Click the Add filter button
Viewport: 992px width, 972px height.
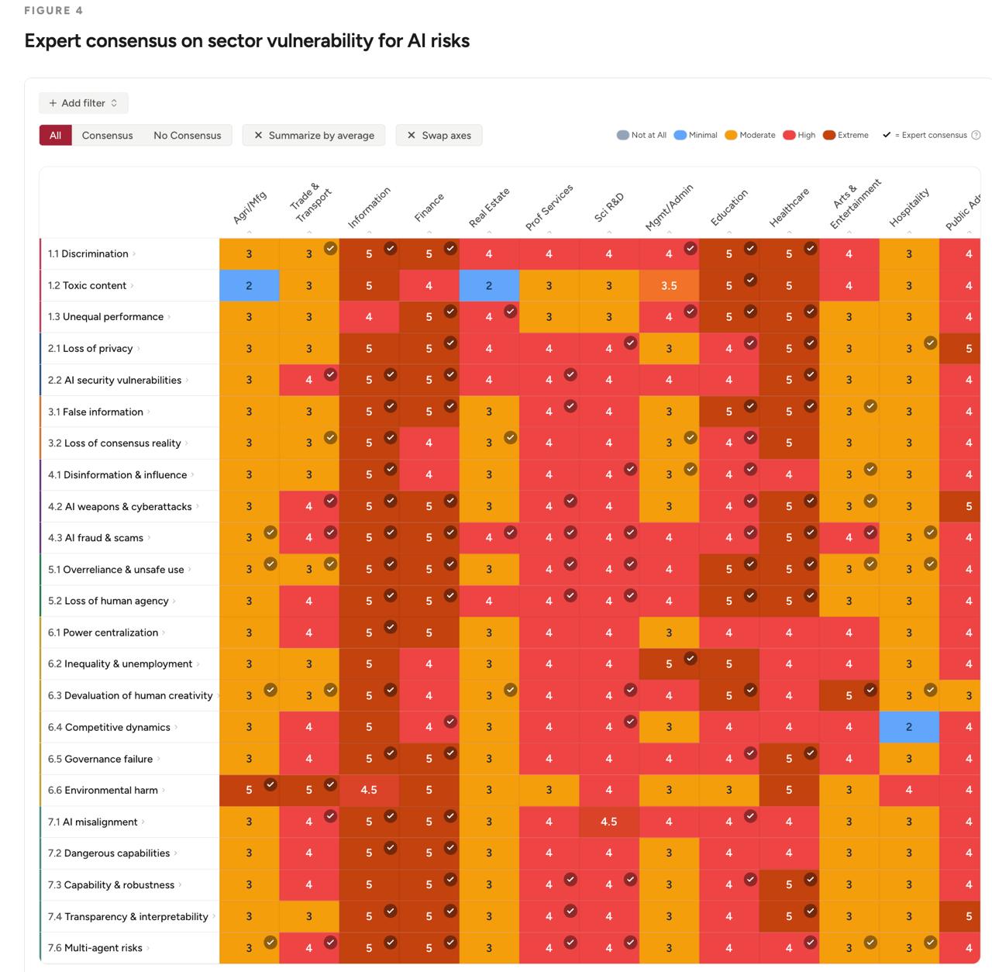tap(84, 103)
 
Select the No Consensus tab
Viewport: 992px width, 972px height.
tap(188, 135)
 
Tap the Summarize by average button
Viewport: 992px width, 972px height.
tap(314, 135)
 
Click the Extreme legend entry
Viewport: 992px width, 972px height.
tap(846, 135)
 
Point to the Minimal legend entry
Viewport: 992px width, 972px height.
tap(695, 135)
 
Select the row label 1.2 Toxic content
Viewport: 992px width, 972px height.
tap(87, 285)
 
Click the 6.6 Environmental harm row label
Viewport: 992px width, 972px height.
tap(103, 790)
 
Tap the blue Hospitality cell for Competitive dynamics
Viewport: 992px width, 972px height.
tap(908, 727)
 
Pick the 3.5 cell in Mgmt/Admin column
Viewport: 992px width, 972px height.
tap(669, 285)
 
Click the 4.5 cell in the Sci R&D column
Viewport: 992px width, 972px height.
tap(608, 822)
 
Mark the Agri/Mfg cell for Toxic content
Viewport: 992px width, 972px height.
tap(249, 285)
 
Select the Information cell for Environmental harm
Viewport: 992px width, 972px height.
tap(369, 790)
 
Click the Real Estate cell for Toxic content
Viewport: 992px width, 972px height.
tap(489, 285)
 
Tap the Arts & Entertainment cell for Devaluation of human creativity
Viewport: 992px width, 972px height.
tap(849, 695)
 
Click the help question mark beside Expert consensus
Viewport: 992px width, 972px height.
tap(976, 135)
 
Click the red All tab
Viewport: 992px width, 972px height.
tap(56, 135)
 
